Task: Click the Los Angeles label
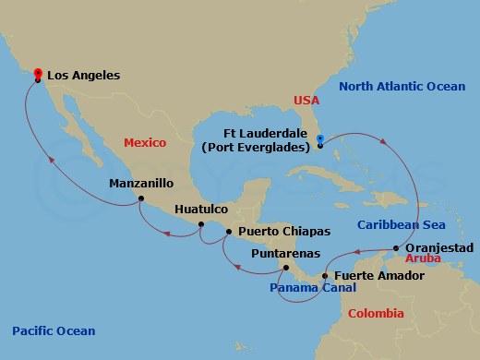[83, 75]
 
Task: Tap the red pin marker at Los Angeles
[38, 73]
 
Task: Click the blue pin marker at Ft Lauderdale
[319, 140]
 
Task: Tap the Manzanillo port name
[138, 183]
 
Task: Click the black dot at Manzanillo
[140, 198]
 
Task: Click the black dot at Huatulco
[199, 224]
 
